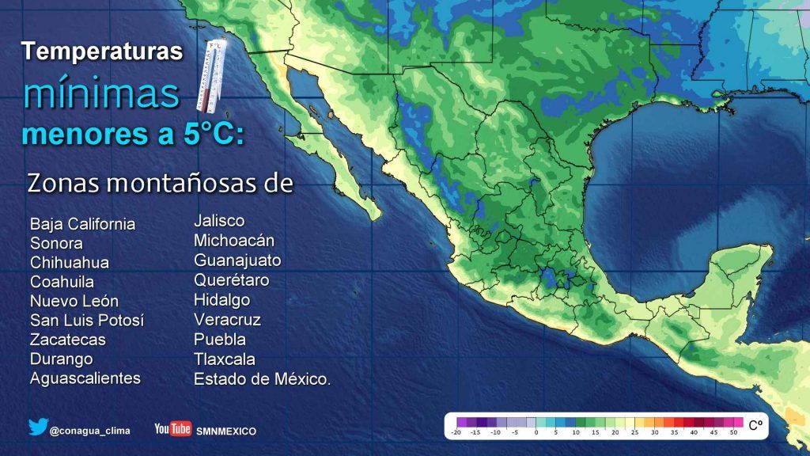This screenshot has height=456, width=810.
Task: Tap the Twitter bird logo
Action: click(x=38, y=427)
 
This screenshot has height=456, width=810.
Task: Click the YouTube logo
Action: click(x=172, y=429)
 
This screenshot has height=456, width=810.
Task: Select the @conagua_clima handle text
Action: click(x=89, y=431)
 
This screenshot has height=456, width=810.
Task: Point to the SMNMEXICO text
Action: click(x=226, y=431)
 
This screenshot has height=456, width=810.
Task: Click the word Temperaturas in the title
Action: click(x=102, y=52)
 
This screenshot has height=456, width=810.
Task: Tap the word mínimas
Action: click(x=101, y=93)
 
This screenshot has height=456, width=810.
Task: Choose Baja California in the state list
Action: click(x=82, y=224)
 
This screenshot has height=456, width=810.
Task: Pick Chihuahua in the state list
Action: click(x=70, y=263)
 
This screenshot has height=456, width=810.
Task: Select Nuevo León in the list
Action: click(x=74, y=301)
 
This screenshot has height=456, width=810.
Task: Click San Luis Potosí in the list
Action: click(x=87, y=321)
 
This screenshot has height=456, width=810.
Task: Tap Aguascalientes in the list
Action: click(x=85, y=378)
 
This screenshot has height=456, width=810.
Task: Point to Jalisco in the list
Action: click(x=219, y=220)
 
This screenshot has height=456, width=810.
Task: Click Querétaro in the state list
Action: click(x=232, y=280)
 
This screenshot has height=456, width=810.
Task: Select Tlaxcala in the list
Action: click(x=225, y=359)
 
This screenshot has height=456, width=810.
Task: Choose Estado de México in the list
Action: click(x=262, y=379)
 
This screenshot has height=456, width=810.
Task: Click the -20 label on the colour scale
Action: click(x=456, y=432)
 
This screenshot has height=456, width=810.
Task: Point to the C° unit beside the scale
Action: click(x=755, y=425)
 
